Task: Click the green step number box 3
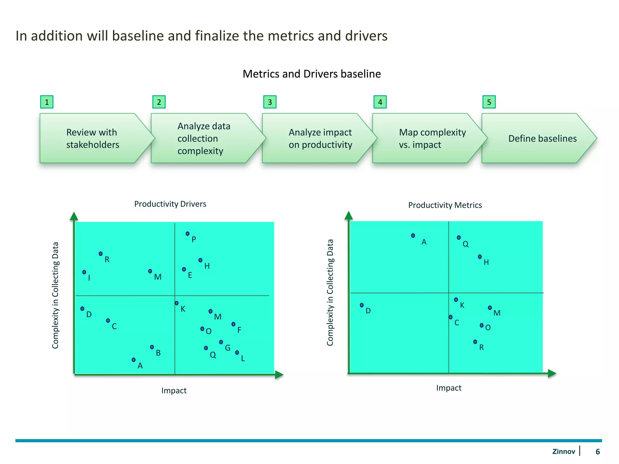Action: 270,102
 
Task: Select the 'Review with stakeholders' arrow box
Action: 92,138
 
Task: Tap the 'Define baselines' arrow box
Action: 538,138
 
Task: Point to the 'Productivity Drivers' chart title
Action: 170,204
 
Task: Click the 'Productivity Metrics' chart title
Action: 445,205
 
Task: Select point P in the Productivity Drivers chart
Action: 187,234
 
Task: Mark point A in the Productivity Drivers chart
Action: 134,360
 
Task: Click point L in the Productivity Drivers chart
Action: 237,353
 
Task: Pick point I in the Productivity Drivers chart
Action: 84,272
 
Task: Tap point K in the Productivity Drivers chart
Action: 177,303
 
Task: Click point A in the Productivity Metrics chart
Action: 413,235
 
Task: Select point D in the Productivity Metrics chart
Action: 362,305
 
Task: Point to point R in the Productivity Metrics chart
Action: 475,342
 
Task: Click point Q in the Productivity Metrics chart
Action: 459,237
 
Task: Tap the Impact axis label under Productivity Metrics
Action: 449,388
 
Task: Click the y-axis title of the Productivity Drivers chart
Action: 55,295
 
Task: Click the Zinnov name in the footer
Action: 563,452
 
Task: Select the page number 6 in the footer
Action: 598,452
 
